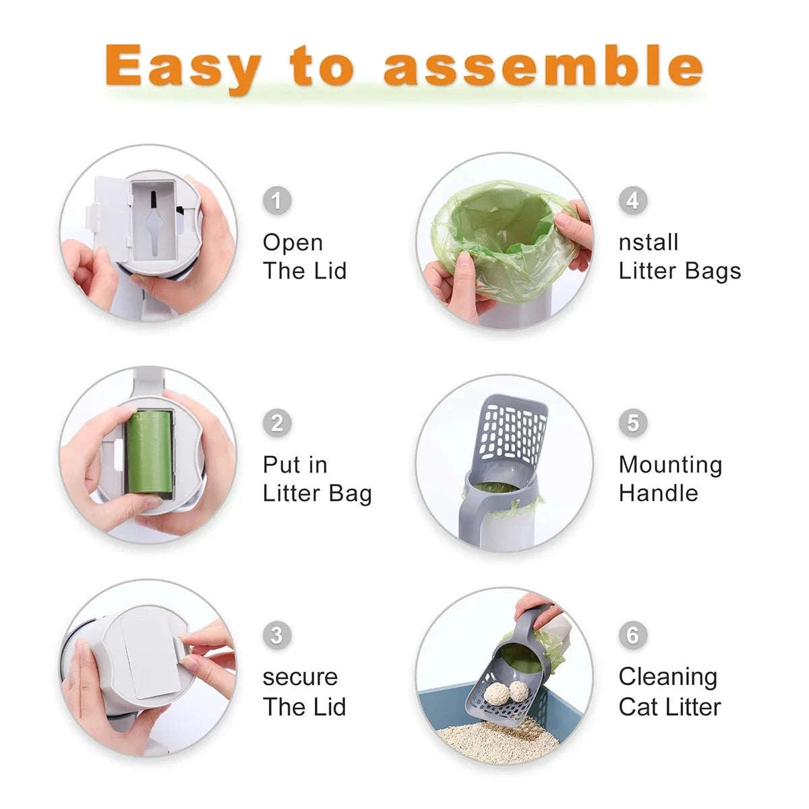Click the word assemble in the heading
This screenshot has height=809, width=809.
(x=543, y=65)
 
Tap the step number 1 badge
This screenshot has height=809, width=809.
(x=276, y=200)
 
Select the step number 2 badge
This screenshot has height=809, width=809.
(x=276, y=423)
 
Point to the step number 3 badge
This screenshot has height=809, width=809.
(x=276, y=634)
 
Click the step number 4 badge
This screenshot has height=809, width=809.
(x=632, y=200)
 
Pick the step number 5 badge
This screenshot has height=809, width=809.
(x=632, y=423)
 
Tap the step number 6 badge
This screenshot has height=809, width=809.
(x=632, y=634)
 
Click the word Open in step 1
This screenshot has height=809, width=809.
(x=293, y=243)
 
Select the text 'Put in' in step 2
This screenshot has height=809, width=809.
(x=295, y=465)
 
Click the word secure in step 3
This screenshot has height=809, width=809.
(x=300, y=677)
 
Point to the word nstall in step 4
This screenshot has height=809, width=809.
(x=648, y=242)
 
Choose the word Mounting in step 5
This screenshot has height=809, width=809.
(x=670, y=465)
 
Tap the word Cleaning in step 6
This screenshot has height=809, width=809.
(x=667, y=677)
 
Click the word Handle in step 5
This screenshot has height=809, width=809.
(x=658, y=493)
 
